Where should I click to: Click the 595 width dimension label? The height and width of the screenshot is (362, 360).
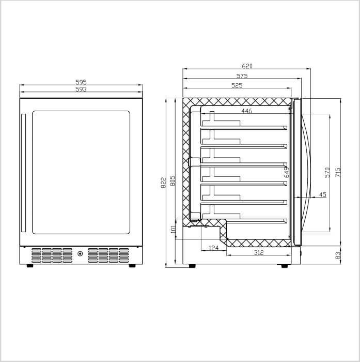coord(81,82)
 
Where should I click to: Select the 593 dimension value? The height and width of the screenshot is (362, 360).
coord(81,89)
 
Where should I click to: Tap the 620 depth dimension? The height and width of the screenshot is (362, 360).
coord(247,66)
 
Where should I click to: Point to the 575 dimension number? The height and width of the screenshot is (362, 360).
coord(242,76)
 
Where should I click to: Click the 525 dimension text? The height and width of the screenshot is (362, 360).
coord(237,86)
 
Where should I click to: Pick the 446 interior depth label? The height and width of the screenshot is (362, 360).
coord(247,111)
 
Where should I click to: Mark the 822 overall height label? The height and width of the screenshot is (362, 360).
coord(164,183)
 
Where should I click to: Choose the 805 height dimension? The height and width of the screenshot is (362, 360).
coord(173,181)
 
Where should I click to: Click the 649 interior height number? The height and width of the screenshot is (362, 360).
coord(287,172)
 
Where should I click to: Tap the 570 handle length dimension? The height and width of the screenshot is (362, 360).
coord(327,172)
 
